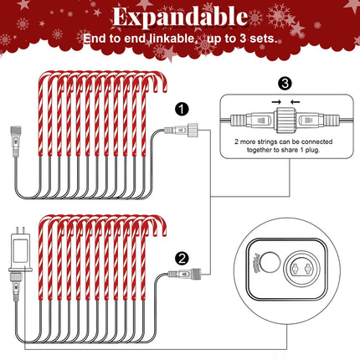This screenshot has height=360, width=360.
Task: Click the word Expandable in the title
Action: [180, 18]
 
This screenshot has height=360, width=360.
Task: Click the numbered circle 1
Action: [182, 109]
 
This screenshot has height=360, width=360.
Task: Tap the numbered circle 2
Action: [182, 259]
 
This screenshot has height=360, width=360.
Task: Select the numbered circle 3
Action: [285, 83]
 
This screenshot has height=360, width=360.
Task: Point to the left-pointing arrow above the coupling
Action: [296, 102]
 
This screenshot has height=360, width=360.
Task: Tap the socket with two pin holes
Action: [302, 269]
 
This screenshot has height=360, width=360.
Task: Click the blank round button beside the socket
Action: [270, 262]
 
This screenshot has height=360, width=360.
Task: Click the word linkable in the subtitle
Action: [172, 39]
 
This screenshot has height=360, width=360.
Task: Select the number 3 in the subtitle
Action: [243, 39]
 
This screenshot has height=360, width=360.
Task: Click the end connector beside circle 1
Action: [181, 130]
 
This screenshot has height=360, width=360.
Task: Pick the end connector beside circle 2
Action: [184, 274]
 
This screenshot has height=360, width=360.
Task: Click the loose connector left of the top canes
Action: [16, 141]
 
